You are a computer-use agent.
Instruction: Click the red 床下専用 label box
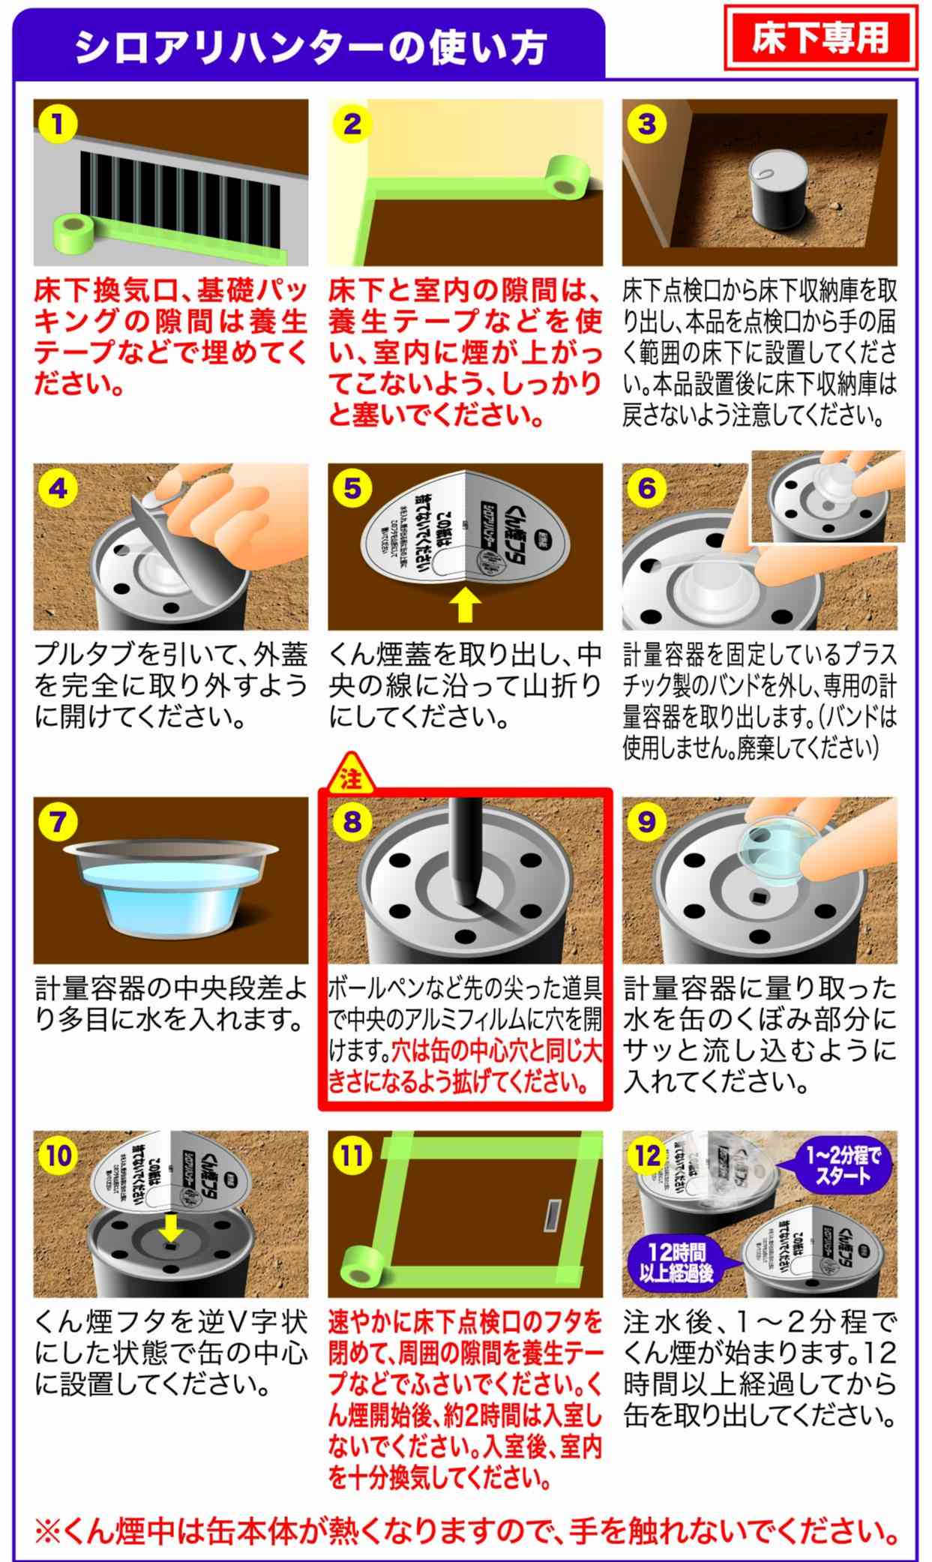(x=820, y=37)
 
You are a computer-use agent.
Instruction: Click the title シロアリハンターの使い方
(x=310, y=46)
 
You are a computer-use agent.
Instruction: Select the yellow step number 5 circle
(x=352, y=488)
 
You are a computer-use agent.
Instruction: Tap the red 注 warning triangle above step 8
(x=350, y=776)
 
